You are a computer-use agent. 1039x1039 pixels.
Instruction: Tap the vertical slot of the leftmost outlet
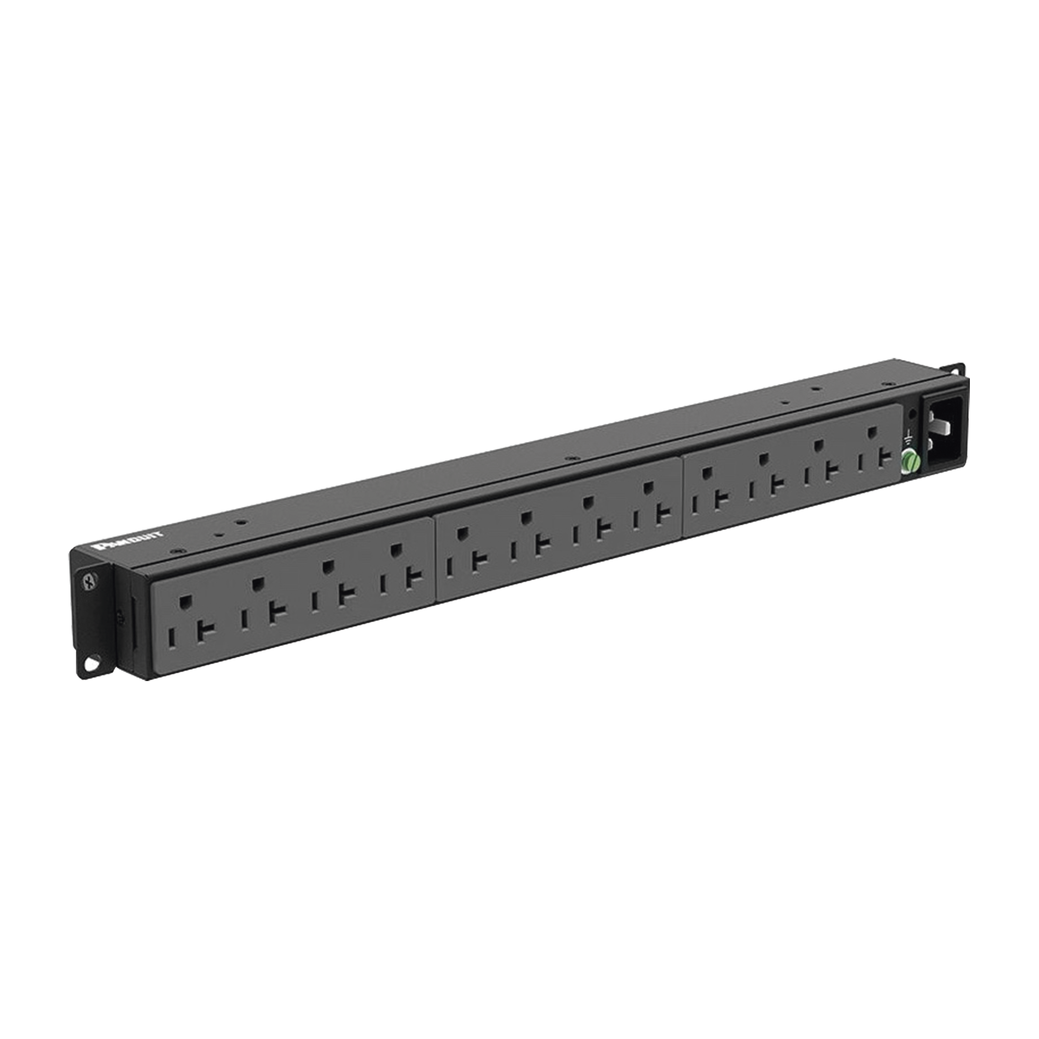[172, 639]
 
